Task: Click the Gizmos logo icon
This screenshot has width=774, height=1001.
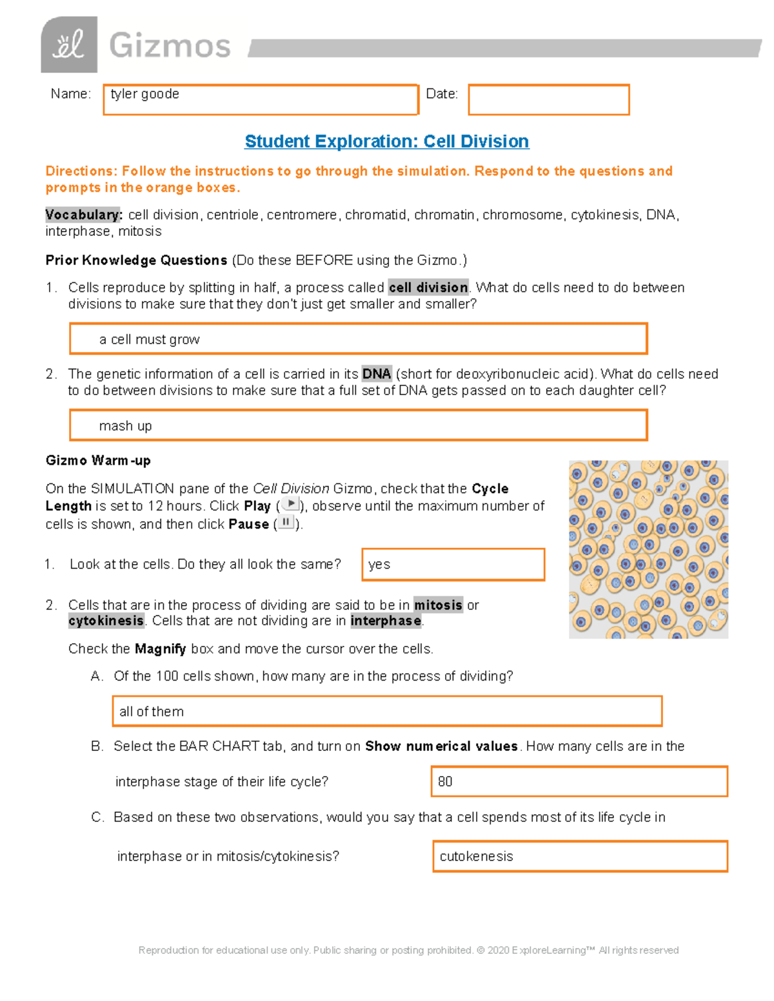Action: pos(69,45)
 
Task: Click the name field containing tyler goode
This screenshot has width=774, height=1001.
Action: pos(261,100)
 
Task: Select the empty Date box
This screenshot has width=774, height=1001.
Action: pos(548,100)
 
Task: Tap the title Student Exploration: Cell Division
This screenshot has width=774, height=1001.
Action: pos(387,141)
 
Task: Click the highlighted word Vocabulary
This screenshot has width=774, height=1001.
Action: pos(83,215)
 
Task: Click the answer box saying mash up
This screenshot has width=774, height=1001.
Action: pos(358,425)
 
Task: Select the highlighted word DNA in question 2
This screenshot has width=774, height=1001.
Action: pos(377,374)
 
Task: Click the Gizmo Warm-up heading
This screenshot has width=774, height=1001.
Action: pos(98,460)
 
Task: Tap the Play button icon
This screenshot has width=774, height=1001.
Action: pos(291,504)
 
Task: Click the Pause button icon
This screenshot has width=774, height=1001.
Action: pos(286,522)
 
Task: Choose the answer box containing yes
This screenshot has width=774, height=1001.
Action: pos(453,565)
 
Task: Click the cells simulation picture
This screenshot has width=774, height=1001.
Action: pos(648,549)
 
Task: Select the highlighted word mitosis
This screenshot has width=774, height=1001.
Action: pos(438,605)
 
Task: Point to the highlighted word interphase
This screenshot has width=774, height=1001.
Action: pos(386,621)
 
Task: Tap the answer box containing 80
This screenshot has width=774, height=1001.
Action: pos(579,781)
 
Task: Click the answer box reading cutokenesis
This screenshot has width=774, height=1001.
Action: pos(580,856)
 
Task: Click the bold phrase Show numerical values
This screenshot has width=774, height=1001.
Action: pos(441,746)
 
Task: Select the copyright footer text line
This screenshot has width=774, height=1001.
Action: pos(408,950)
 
